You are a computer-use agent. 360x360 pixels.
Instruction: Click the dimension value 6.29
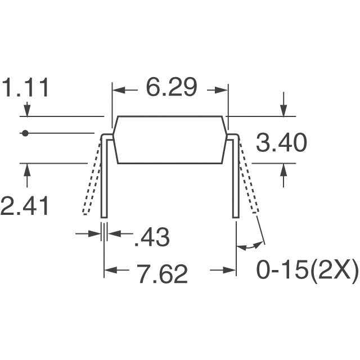[171, 88]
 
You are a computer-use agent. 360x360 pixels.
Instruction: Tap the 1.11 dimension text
[26, 88]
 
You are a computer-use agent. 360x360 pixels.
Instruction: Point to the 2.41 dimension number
[25, 205]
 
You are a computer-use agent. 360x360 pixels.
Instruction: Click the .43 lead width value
[151, 238]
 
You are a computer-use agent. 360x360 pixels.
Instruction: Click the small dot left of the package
[24, 133]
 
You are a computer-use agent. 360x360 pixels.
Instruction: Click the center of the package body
[170, 139]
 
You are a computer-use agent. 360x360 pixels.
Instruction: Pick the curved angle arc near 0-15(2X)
[250, 246]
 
